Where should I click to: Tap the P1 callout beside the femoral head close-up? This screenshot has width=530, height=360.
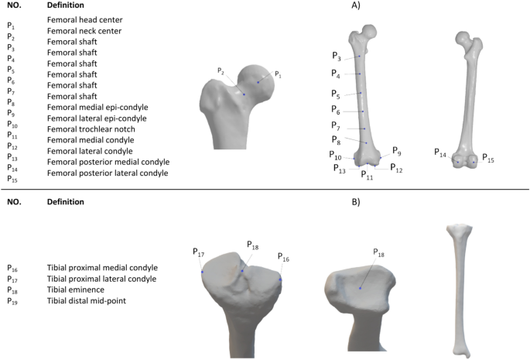click(x=279, y=74)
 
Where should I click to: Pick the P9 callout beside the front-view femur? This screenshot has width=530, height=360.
click(x=396, y=151)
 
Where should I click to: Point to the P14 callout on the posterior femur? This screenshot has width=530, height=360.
click(x=440, y=153)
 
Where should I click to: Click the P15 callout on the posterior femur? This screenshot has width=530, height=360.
click(x=489, y=158)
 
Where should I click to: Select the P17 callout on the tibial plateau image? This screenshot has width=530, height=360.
click(x=198, y=252)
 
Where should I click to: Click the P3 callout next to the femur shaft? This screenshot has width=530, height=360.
click(x=336, y=56)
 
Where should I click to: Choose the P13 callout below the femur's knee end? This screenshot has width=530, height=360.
click(x=340, y=168)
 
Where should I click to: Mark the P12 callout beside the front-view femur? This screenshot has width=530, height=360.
click(x=395, y=168)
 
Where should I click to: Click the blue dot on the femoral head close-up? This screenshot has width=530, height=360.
click(x=258, y=82)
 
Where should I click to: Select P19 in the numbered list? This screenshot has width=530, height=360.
click(x=12, y=300)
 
